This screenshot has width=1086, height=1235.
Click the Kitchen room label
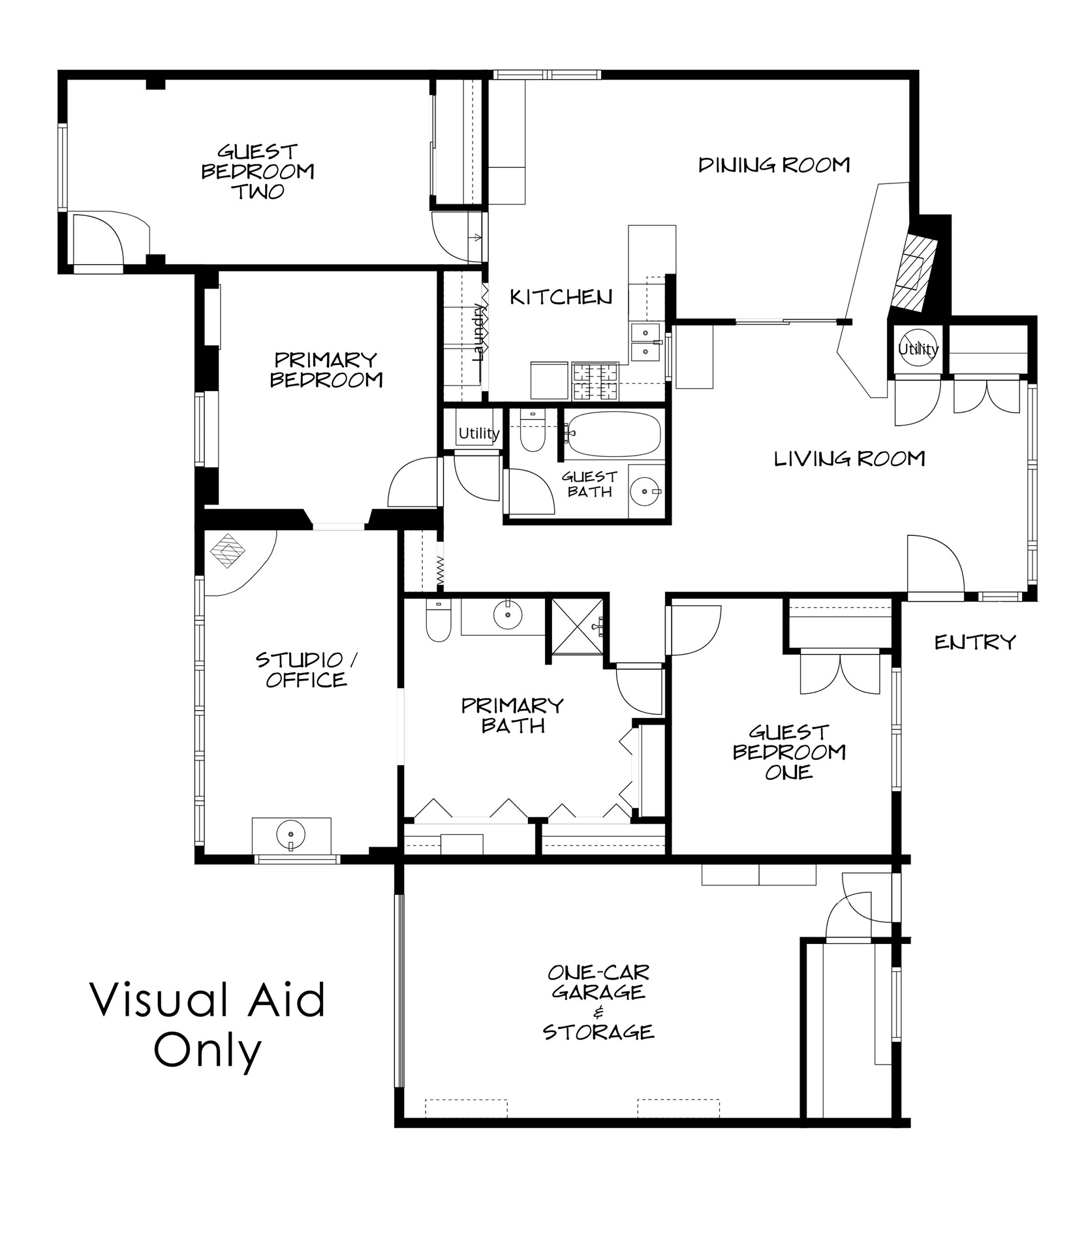(561, 298)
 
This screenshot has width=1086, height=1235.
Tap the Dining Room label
(774, 165)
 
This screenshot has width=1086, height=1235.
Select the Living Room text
(849, 459)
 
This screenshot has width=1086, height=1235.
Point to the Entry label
(975, 642)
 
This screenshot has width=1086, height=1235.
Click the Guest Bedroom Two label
(257, 172)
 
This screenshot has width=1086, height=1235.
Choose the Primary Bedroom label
(326, 369)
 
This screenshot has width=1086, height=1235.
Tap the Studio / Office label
(306, 670)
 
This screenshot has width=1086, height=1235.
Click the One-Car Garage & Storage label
(598, 1002)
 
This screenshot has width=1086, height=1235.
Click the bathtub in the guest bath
(613, 434)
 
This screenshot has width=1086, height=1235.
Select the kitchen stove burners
(595, 381)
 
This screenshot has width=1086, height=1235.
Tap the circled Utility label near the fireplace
(918, 349)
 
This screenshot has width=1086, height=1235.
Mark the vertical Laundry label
(480, 332)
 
